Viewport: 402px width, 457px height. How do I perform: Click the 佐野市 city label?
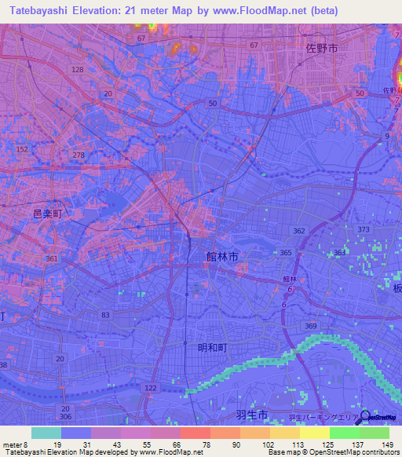click(320, 48)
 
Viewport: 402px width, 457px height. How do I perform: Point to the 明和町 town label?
click(213, 346)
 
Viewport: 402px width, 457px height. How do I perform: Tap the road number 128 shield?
click(77, 70)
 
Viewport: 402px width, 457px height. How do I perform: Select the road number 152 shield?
click(22, 149)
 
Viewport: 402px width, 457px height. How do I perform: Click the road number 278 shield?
click(79, 156)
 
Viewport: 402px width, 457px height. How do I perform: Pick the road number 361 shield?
click(52, 258)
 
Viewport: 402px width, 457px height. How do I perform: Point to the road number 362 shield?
click(299, 232)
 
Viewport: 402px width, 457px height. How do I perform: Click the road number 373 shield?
click(364, 228)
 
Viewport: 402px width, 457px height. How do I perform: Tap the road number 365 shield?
click(286, 253)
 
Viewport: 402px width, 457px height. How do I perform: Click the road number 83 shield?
click(105, 315)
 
